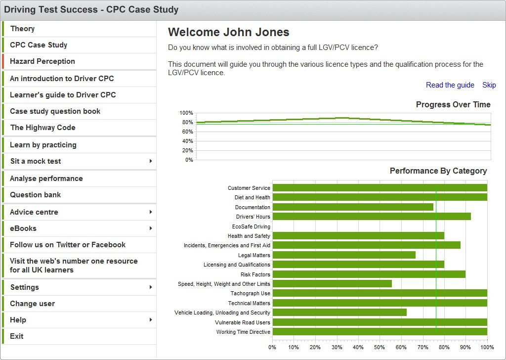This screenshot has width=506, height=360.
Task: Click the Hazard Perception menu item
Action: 42,61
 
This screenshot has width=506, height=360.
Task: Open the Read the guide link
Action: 450,85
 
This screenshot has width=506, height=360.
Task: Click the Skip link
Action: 489,85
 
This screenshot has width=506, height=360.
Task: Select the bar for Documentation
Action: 353,207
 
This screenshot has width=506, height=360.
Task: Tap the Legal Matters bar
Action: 344,255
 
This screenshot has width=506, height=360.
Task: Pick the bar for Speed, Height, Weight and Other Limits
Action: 332,284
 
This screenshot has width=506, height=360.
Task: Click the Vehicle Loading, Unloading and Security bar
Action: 339,313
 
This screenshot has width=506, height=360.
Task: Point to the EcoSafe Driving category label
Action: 251,226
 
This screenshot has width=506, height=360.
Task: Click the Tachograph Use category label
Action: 250,293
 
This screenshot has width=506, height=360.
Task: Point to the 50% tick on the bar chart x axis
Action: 379,347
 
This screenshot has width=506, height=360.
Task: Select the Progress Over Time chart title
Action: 453,105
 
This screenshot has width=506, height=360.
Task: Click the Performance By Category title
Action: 438,171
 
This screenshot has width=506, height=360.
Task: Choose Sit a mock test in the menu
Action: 36,161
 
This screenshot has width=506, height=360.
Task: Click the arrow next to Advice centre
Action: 150,212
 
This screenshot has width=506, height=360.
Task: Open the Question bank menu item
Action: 36,195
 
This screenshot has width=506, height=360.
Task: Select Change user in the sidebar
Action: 33,304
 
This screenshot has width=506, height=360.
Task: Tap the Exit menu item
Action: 17,336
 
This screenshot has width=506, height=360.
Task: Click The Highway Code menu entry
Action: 43,128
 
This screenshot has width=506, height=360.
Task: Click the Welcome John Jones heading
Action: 228,33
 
